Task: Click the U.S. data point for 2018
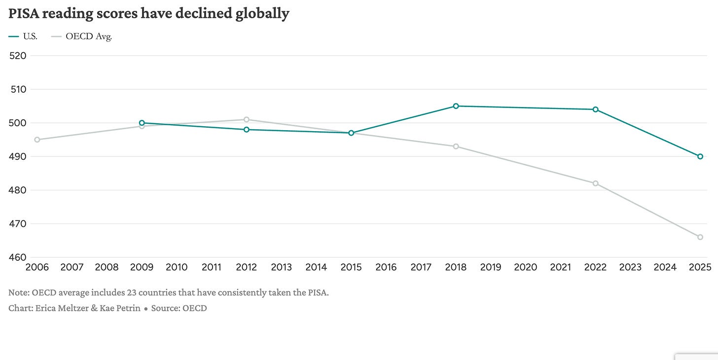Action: pos(456,106)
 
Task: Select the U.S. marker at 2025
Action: pos(700,156)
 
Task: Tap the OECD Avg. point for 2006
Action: pos(37,140)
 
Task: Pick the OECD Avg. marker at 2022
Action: pos(596,183)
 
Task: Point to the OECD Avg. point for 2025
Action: pos(700,237)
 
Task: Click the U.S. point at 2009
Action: pos(142,123)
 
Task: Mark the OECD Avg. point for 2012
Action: pos(247,119)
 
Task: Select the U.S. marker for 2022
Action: pos(596,109)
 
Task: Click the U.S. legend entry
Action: pos(23,36)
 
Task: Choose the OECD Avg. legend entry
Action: pos(81,36)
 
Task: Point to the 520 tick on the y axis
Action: pos(18,56)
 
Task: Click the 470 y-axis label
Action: pos(18,224)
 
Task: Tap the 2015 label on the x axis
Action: pos(351,267)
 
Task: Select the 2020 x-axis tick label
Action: pos(525,267)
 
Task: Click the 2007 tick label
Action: pos(72,267)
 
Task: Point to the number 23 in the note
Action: pos(131,292)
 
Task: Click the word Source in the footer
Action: pos(165,308)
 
